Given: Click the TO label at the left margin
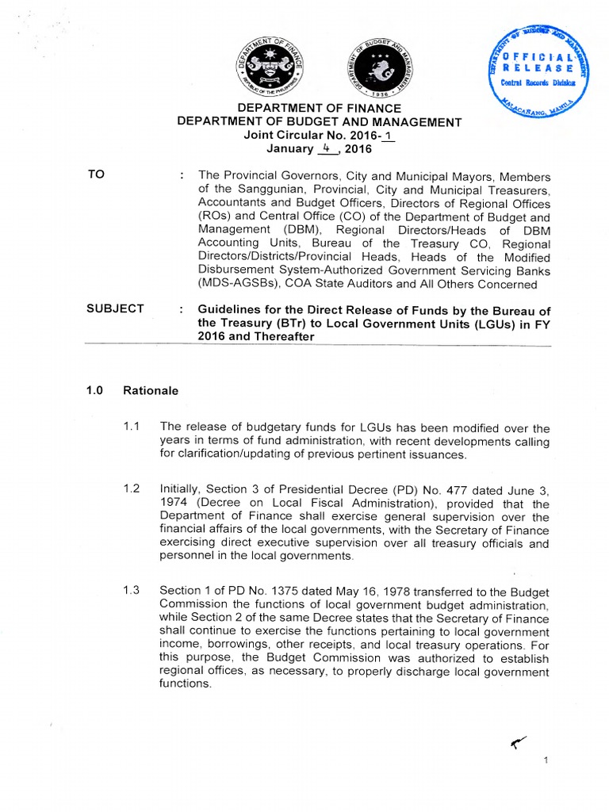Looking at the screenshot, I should [x=96, y=174].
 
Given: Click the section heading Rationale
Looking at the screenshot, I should [x=151, y=391].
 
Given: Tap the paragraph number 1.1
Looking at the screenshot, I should [x=132, y=427].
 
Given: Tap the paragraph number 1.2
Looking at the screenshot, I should [x=132, y=490].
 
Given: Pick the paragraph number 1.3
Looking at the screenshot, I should [x=132, y=590].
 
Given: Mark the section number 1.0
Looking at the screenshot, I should [x=95, y=391].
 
